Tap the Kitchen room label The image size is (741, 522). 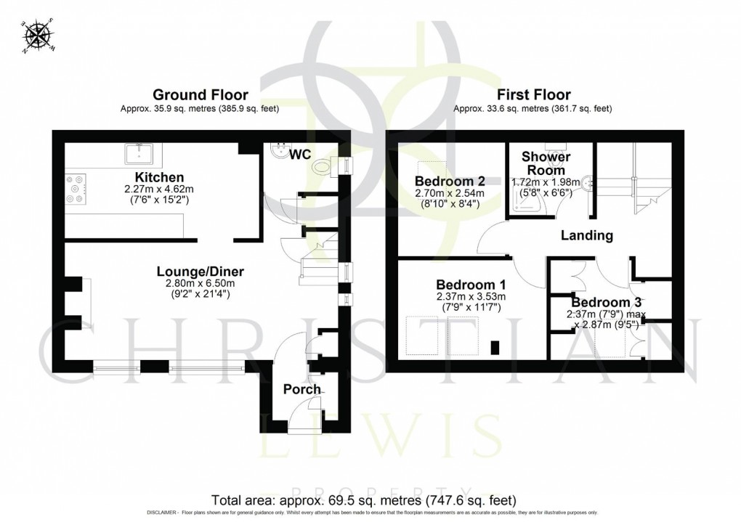point(159,177)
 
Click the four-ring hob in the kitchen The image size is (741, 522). point(76,188)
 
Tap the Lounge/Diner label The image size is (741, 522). point(200,272)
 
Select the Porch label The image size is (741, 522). point(301,389)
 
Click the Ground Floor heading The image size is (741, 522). point(200,95)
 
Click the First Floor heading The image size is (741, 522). point(533,95)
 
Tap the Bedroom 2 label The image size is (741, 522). point(445,181)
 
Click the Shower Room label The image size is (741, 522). point(546,163)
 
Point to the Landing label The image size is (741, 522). point(587,235)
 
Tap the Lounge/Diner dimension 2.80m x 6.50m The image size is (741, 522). point(200,285)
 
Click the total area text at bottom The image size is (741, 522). point(363,501)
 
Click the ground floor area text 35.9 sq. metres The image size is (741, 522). point(200,109)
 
